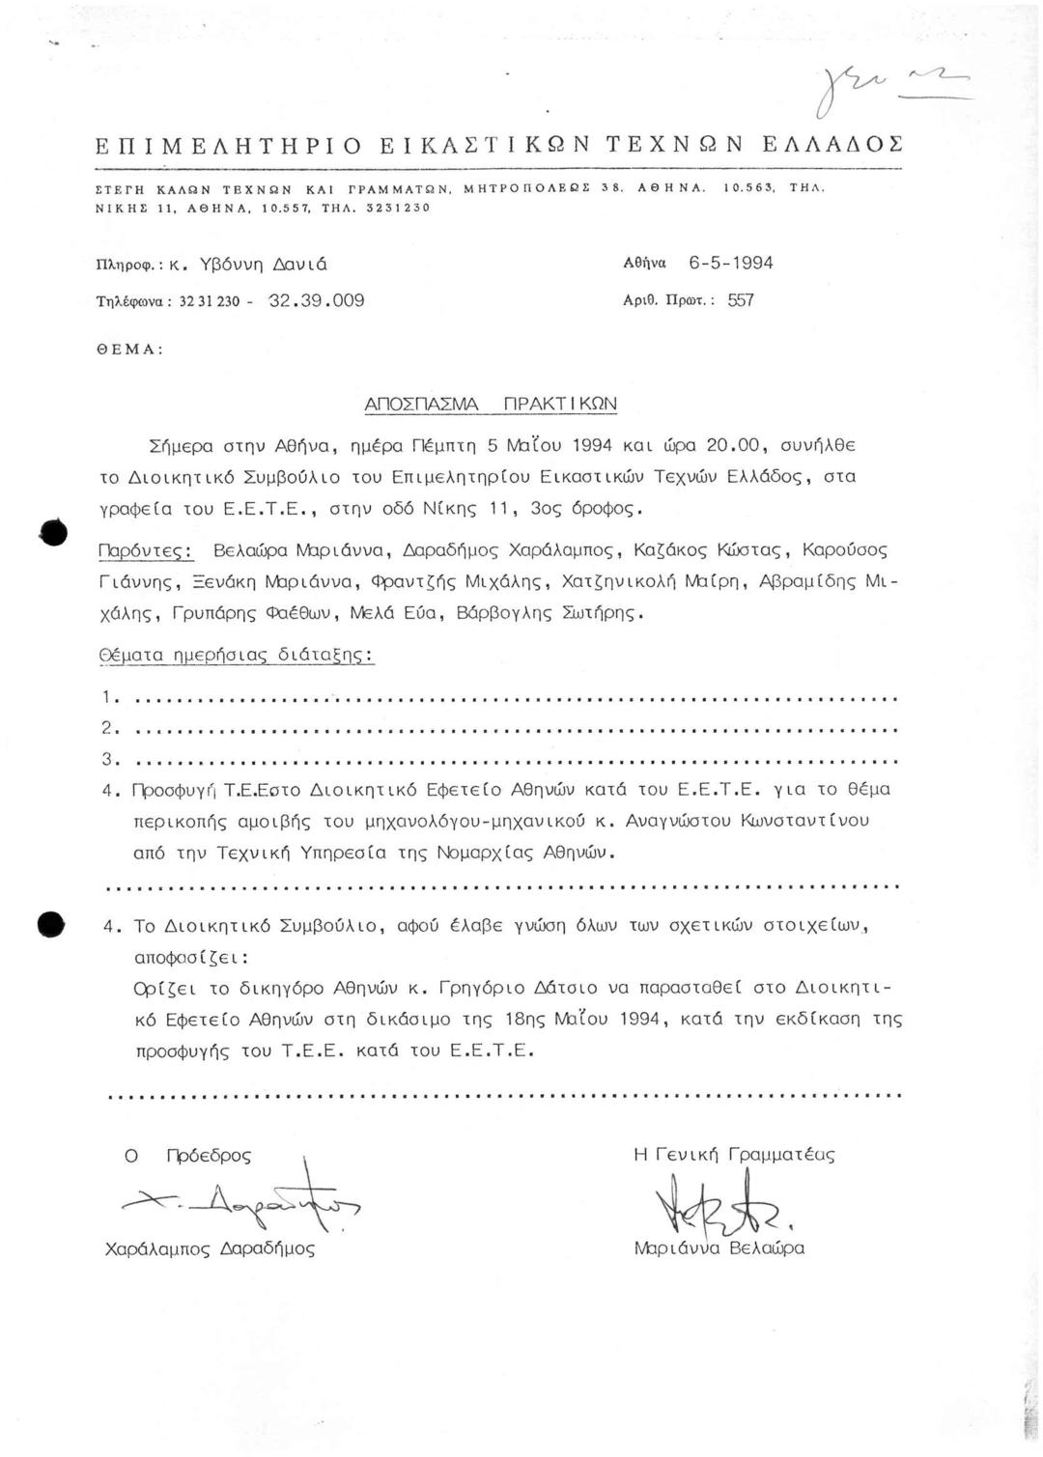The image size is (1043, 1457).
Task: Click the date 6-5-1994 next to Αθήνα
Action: pos(731,264)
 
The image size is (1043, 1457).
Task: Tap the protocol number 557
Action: pos(741,300)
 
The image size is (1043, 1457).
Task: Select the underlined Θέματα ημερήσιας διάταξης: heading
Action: pos(237,655)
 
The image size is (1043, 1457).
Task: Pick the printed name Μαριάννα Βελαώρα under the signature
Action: pos(719,1247)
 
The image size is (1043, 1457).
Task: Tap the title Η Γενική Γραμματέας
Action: pos(734,1155)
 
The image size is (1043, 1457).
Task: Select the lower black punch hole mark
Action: pos(50,923)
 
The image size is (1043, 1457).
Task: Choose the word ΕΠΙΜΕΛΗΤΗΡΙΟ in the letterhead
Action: pos(228,147)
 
